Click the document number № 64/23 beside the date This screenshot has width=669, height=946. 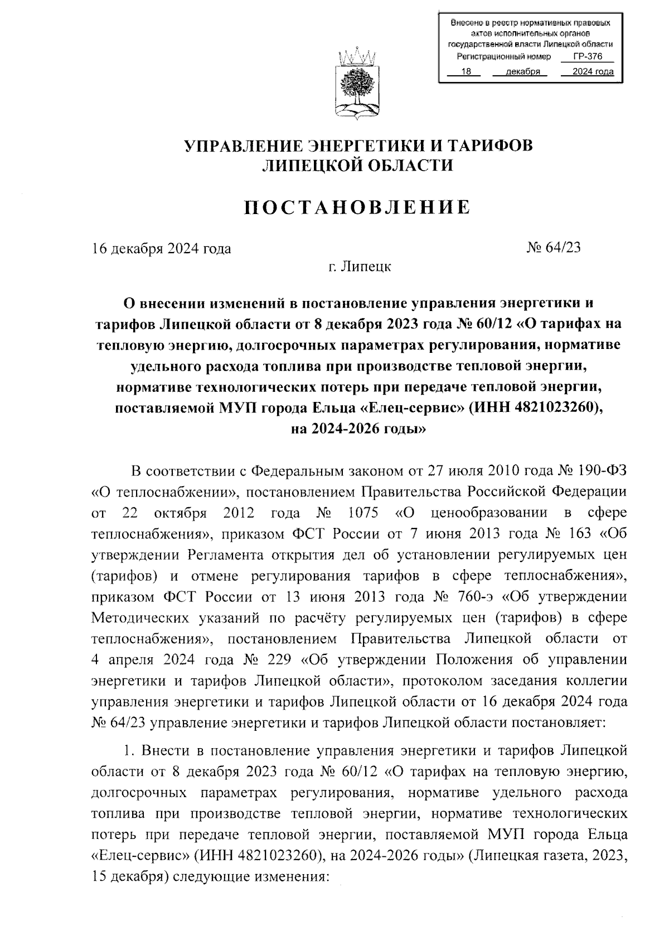tap(553, 248)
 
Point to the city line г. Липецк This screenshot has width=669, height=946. tap(360, 266)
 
